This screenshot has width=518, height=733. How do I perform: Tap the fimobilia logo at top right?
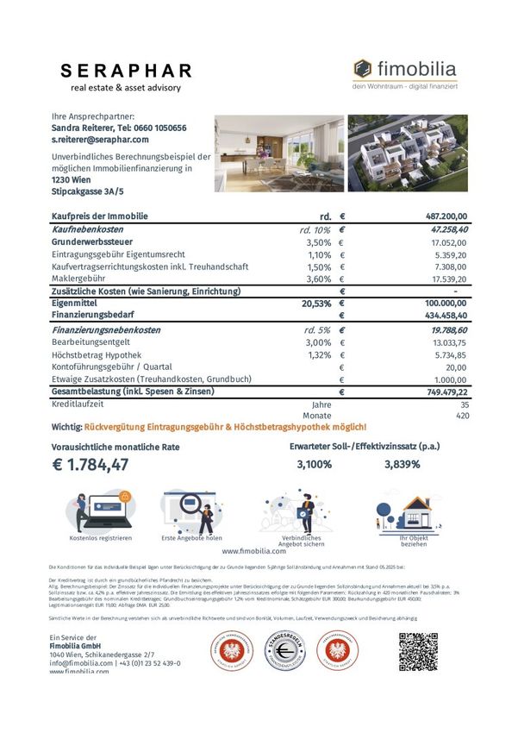pyautogui.click(x=404, y=71)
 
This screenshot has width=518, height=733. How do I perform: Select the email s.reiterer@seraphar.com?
pyautogui.click(x=101, y=139)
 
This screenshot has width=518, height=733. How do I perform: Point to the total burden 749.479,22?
pyautogui.click(x=440, y=392)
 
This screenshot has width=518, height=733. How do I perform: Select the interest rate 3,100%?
pyautogui.click(x=314, y=465)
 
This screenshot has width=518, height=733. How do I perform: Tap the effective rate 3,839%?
pyautogui.click(x=402, y=465)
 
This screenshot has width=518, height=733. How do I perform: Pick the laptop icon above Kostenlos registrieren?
pyautogui.click(x=100, y=511)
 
